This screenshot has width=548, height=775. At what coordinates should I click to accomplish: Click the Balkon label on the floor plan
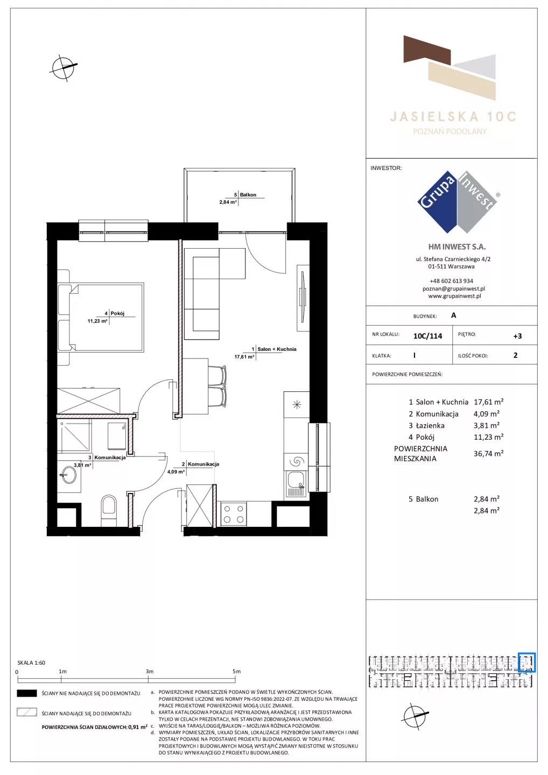click(x=248, y=195)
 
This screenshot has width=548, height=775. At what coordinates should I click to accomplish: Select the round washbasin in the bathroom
click(x=69, y=475)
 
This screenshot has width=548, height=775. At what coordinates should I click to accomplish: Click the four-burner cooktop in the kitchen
click(x=234, y=514)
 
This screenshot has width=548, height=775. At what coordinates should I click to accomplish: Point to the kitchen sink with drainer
click(x=296, y=485)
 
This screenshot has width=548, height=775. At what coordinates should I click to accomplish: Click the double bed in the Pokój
click(x=101, y=318)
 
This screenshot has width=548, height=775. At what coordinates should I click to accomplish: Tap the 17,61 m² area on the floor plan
click(x=244, y=357)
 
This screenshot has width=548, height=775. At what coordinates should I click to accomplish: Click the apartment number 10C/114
click(x=427, y=336)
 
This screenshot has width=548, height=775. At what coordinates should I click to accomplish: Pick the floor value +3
click(x=517, y=336)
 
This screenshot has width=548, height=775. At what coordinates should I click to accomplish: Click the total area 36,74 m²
click(x=488, y=453)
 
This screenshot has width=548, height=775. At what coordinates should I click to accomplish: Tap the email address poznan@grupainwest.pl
click(x=454, y=288)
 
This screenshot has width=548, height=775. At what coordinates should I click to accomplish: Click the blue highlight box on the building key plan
click(x=526, y=662)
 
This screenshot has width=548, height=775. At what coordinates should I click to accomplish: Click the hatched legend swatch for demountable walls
click(x=26, y=713)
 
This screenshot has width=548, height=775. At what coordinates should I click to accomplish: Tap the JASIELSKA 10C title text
click(x=453, y=117)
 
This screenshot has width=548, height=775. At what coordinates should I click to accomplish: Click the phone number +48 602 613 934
click(x=451, y=281)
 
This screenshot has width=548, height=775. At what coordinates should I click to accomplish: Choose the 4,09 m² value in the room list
click(x=486, y=413)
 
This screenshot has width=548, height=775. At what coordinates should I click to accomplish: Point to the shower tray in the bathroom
click(x=74, y=436)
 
